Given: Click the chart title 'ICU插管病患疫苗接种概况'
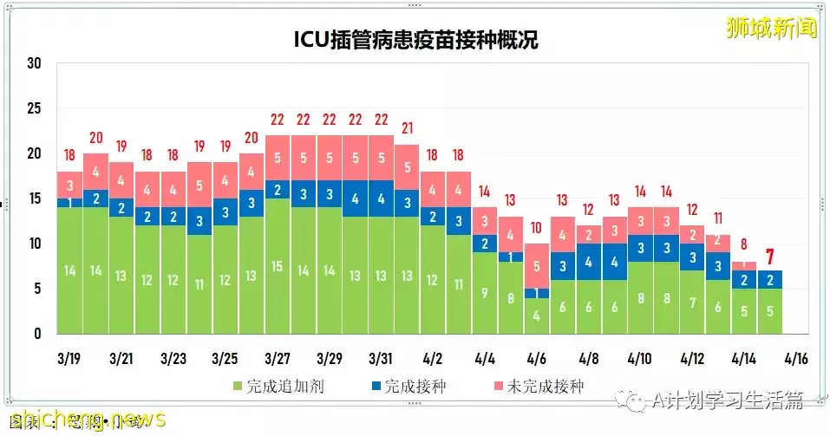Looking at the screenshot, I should point(415,40).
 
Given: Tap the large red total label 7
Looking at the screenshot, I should point(769,257).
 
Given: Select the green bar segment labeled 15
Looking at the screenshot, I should point(278,265).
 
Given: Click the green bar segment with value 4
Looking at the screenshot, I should point(537,316).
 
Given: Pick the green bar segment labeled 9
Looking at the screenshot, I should point(485,293).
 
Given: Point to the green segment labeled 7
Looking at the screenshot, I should point(692,302).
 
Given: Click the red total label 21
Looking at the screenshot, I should point(408,127).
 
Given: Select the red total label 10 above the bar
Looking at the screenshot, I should point(537,228).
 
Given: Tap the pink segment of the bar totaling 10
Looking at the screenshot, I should point(537,266).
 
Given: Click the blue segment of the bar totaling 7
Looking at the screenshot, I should point(769,279).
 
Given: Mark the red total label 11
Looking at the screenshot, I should point(718,218).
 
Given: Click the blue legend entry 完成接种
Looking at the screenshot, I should point(407,386).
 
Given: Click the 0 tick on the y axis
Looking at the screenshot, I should point(37,334).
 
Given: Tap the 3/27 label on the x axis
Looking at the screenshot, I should point(278,357).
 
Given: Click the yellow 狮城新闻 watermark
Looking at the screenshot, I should point(772,29).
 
